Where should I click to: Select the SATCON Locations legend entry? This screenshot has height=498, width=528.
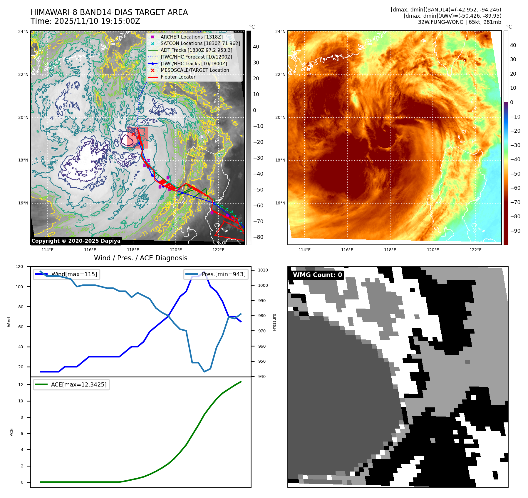[x=200, y=44]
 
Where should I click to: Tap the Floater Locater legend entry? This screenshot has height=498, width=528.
[x=178, y=77]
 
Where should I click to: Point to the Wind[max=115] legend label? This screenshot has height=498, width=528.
[x=74, y=274]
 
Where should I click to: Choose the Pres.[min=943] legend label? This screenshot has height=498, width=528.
[x=224, y=274]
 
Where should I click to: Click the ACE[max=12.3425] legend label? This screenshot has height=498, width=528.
[x=79, y=385]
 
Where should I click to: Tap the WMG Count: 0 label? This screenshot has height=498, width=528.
[x=317, y=275]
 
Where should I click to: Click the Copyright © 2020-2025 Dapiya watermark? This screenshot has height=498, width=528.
[x=76, y=241]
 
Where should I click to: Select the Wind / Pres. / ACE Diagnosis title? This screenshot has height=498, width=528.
[x=140, y=258]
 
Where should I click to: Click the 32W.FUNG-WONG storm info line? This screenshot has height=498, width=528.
[x=460, y=22]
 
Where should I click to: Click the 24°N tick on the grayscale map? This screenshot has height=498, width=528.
[x=24, y=31]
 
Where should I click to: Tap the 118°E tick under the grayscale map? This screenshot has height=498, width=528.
[x=133, y=250]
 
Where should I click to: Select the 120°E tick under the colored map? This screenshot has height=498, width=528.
[x=433, y=250]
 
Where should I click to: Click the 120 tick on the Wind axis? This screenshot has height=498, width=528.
[x=19, y=267]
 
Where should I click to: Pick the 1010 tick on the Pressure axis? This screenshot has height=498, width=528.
[x=263, y=270]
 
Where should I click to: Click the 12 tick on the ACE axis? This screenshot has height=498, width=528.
[x=21, y=385]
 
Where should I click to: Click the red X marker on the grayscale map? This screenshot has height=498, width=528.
[x=133, y=134]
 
